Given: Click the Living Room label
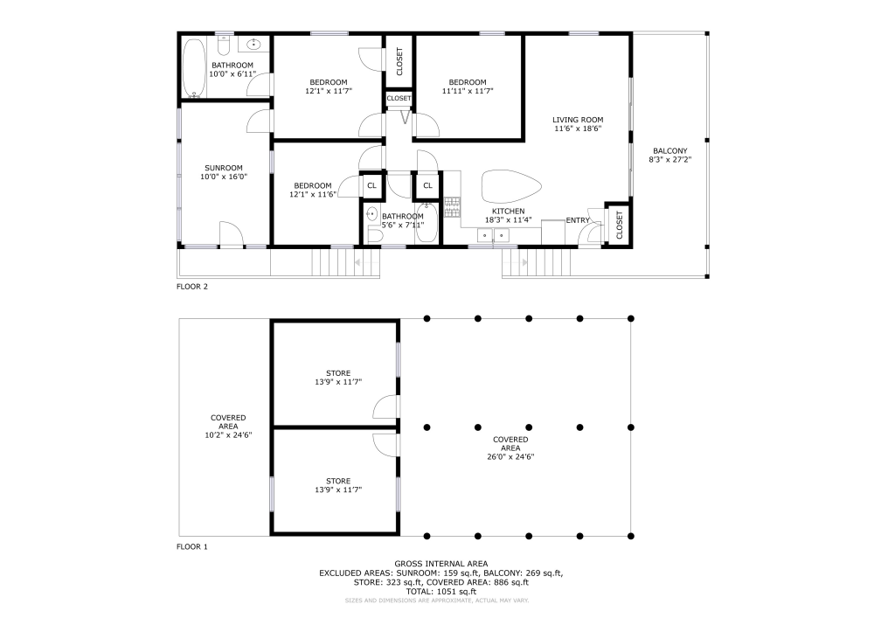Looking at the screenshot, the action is coord(578,120).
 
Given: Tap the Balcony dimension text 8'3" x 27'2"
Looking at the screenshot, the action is coord(670,160).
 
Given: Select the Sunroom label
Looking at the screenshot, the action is coord(224,168).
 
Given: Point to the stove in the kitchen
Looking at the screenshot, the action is coord(453,207).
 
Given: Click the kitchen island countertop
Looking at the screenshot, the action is coord(510,187).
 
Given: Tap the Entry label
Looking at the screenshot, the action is coord(578,220).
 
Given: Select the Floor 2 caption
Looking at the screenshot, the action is coord(191,287).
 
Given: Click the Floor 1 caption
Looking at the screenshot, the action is coord(191,546).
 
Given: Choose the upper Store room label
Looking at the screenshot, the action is coord(338,373).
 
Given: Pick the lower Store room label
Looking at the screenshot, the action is coord(338,481).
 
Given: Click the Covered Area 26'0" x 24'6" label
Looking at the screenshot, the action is coord(510,448).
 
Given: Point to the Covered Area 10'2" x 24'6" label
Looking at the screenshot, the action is coord(228,427).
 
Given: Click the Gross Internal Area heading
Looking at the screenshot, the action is coord(440,564).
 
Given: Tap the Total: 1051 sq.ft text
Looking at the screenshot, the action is coord(440,591).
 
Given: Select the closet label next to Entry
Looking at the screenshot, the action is coord(620,226).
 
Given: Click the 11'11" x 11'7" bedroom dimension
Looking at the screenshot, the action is coord(468,91).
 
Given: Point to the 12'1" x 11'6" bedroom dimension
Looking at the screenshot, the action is coord(313,194).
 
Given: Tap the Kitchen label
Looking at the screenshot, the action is coord(509,212).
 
